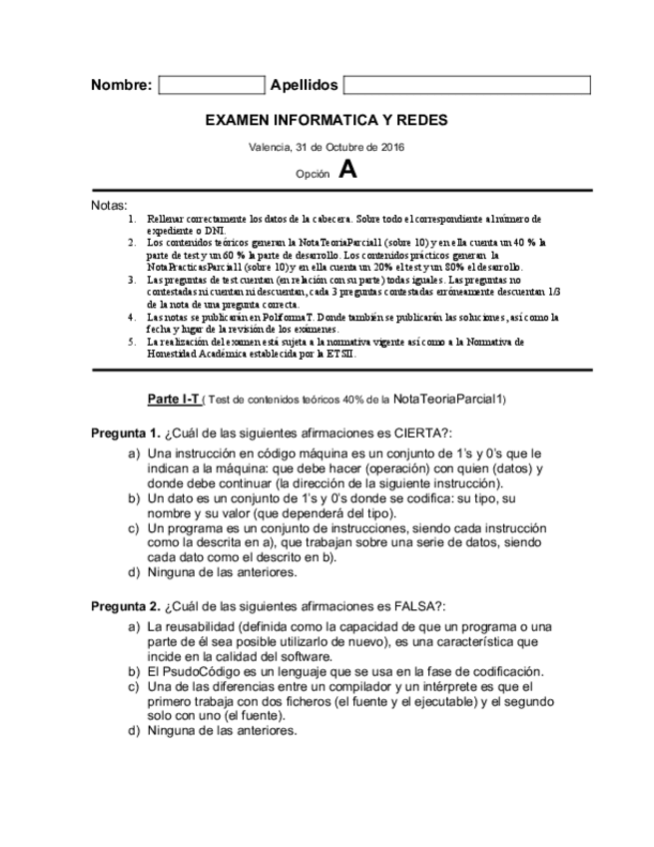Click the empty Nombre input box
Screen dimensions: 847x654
pyautogui.click(x=211, y=85)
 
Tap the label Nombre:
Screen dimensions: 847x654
pyautogui.click(x=121, y=85)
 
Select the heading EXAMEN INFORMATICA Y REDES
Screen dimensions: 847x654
pyautogui.click(x=327, y=120)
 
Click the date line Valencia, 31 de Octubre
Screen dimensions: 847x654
pyautogui.click(x=326, y=147)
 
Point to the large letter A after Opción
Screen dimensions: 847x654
pyautogui.click(x=346, y=170)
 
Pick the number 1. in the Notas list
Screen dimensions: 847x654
pyautogui.click(x=134, y=218)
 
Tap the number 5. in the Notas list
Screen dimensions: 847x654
pyautogui.click(x=134, y=342)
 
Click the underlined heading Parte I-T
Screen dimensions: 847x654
pyautogui.click(x=173, y=399)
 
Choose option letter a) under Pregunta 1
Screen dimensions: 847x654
pyautogui.click(x=134, y=453)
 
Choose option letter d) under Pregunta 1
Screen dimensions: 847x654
pyautogui.click(x=134, y=573)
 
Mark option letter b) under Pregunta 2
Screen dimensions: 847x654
pyautogui.click(x=134, y=671)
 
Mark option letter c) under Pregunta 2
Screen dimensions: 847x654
pyautogui.click(x=134, y=687)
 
